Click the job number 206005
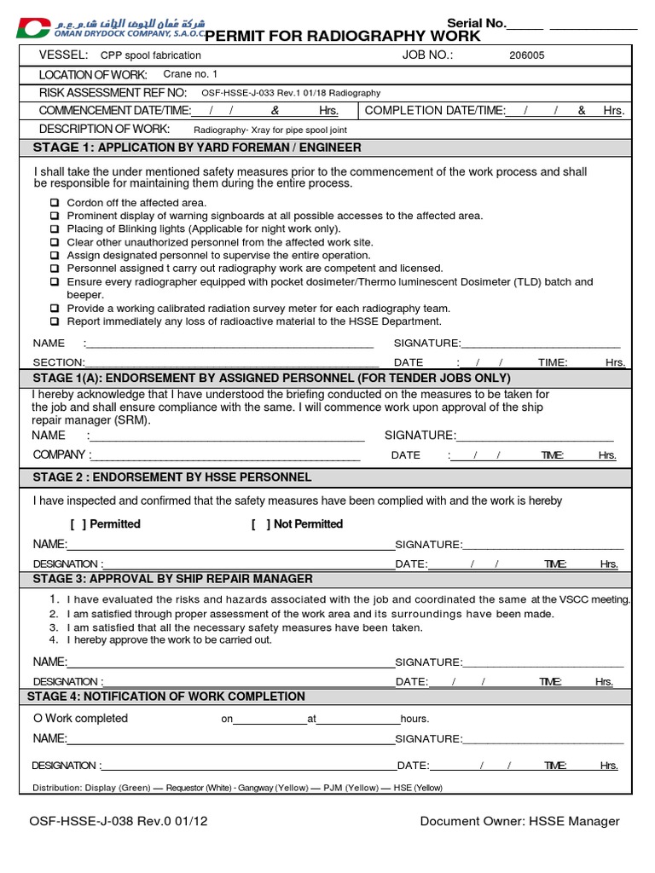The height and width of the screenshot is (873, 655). [x=526, y=56]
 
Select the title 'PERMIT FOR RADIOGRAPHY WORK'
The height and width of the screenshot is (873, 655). [x=343, y=36]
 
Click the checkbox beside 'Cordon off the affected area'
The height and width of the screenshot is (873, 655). [x=55, y=203]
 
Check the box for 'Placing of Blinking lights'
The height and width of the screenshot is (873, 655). [x=55, y=229]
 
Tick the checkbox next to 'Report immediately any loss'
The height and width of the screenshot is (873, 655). [x=55, y=322]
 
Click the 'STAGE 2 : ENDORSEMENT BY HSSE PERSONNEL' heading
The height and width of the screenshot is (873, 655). [x=172, y=477]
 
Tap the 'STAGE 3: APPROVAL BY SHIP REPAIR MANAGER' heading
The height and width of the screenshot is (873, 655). [x=172, y=579]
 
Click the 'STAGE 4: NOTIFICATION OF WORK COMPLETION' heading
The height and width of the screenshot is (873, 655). [x=169, y=697]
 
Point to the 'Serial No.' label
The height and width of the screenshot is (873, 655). [x=476, y=23]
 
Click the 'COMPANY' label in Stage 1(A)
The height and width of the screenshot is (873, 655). [x=59, y=455]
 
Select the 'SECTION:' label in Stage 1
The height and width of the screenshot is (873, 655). [x=59, y=362]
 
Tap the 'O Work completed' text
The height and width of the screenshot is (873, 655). [x=80, y=719]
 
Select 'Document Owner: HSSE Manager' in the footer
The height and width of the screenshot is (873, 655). [x=519, y=822]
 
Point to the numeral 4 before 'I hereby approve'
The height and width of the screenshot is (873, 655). [x=54, y=639]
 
